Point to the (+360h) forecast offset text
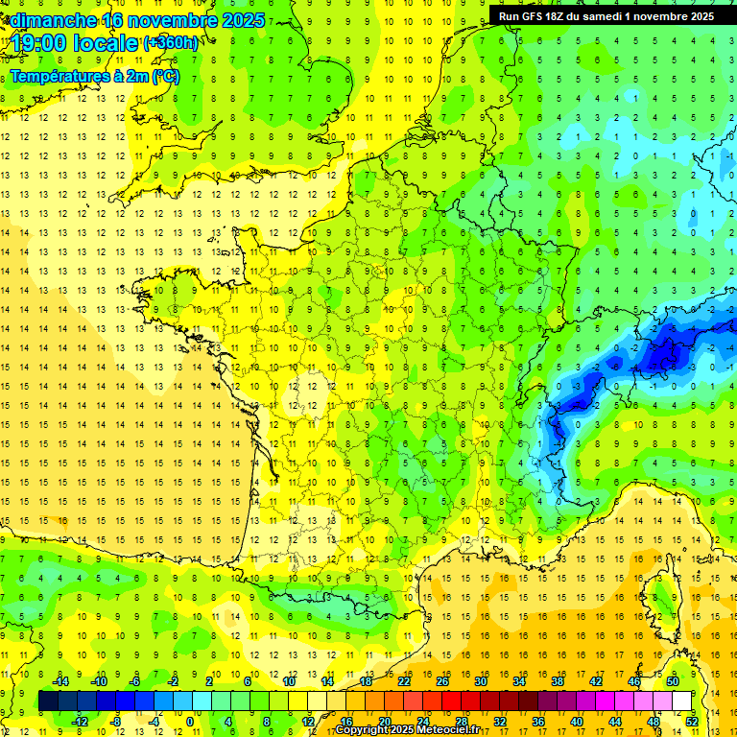[x=172, y=43]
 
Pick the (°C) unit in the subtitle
[x=166, y=77]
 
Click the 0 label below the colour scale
[x=189, y=722]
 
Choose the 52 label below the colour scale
[x=692, y=722]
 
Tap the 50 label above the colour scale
[x=673, y=681]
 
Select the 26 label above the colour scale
[x=442, y=681]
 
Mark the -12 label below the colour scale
[x=80, y=722]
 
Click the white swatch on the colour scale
[x=682, y=701]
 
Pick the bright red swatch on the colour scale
[x=452, y=701]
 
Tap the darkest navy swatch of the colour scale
[x=48, y=701]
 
